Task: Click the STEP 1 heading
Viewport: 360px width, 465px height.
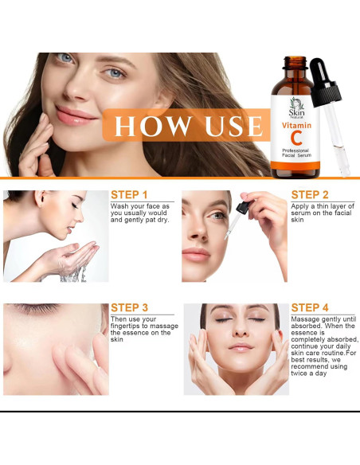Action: [129, 194]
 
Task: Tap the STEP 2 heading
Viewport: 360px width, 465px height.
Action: [310, 194]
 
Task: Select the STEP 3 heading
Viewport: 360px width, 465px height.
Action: [129, 308]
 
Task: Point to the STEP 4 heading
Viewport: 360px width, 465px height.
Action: [310, 308]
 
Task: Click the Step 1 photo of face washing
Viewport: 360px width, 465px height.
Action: [56, 236]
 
